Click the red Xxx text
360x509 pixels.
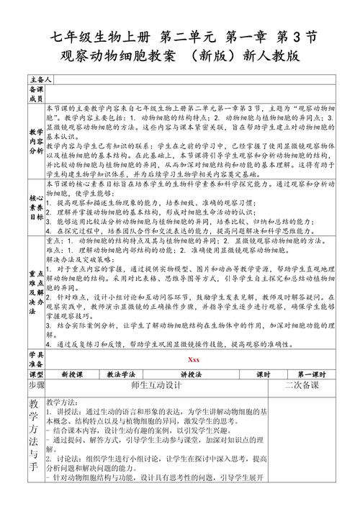pyautogui.click(x=193, y=360)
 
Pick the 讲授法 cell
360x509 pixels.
pyautogui.click(x=193, y=375)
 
